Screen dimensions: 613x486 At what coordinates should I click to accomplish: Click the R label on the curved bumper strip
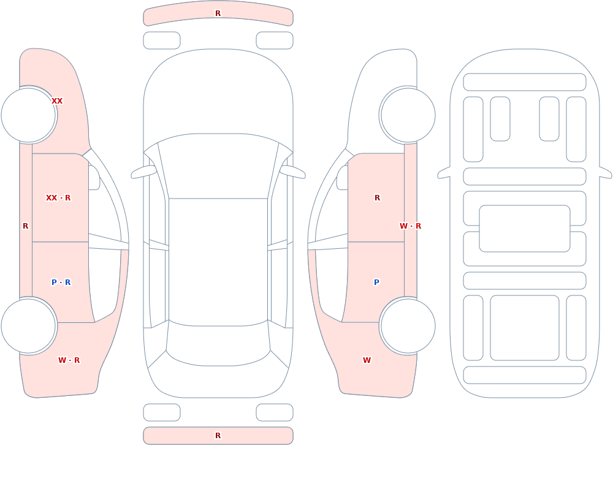218,13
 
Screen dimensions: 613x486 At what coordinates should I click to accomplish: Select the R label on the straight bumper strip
218,436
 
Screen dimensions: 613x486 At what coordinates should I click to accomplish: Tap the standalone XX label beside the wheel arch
57,101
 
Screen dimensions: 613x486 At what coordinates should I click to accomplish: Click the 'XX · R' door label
58,198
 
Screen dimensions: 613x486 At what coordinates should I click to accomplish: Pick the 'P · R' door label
61,283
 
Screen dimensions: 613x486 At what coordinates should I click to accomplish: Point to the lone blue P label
376,283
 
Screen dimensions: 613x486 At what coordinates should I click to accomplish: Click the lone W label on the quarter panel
367,360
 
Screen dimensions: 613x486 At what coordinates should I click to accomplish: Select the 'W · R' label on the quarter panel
69,360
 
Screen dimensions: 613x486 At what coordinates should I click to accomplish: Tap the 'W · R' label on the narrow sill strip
411,226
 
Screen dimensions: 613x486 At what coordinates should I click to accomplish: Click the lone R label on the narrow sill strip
25,226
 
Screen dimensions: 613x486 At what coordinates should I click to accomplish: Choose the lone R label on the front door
377,198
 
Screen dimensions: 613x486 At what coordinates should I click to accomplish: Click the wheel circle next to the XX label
29,115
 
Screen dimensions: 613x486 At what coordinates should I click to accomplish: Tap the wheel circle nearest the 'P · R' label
29,325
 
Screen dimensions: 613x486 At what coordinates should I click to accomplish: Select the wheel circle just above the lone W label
408,325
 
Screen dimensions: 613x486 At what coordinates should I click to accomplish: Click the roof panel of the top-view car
218,262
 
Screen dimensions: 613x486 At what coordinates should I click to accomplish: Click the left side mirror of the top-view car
143,172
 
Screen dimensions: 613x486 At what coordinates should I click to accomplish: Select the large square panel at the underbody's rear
525,328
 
